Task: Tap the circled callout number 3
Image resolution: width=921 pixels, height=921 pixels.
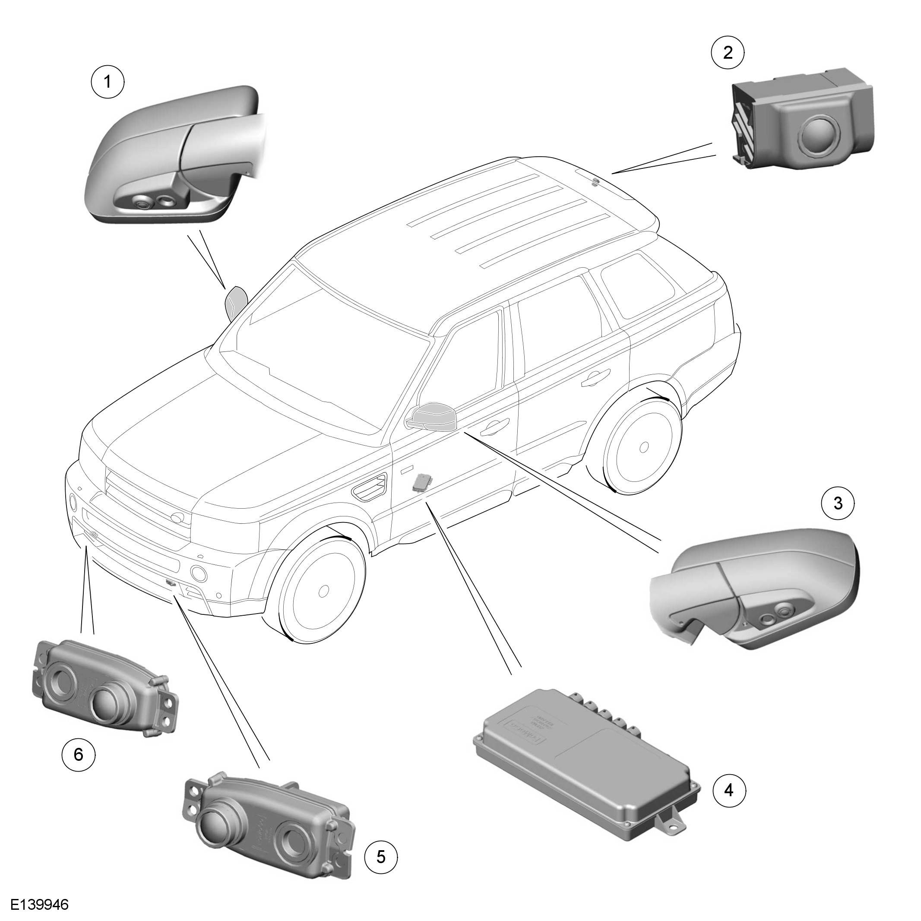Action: click(x=838, y=503)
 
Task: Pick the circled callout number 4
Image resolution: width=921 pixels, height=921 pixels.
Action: click(x=729, y=790)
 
